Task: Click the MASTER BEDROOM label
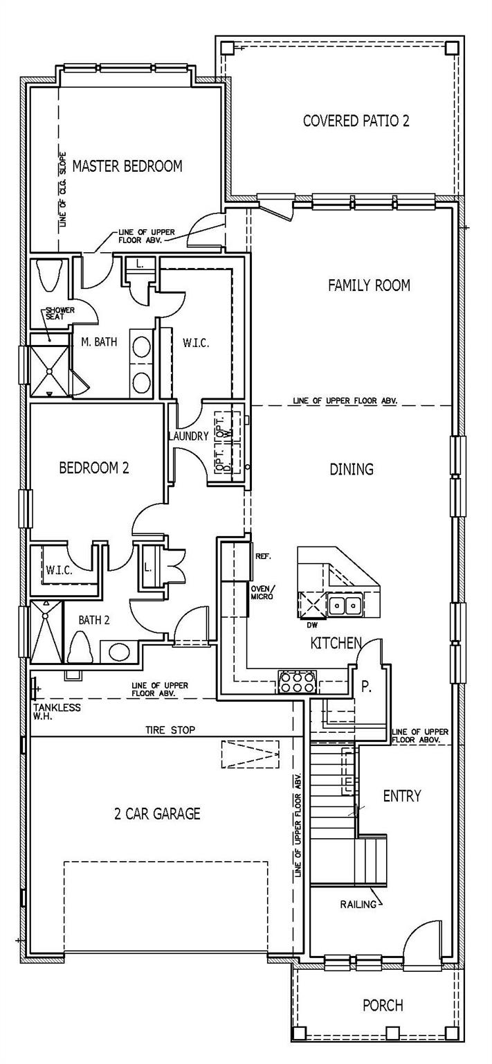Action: (x=127, y=166)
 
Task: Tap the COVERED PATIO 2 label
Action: (x=356, y=121)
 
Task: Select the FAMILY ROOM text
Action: (x=369, y=285)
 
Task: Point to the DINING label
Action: (x=352, y=470)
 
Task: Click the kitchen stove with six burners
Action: (x=297, y=682)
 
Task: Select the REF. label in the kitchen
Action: (x=264, y=556)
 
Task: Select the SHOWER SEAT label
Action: (x=60, y=314)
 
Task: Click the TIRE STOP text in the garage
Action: (x=170, y=729)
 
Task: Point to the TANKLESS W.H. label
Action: (x=56, y=711)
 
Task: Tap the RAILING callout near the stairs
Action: (x=359, y=904)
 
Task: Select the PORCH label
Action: (x=383, y=1004)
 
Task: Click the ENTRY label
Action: (x=402, y=796)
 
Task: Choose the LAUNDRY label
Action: (x=188, y=436)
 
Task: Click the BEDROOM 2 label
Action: (x=94, y=468)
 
